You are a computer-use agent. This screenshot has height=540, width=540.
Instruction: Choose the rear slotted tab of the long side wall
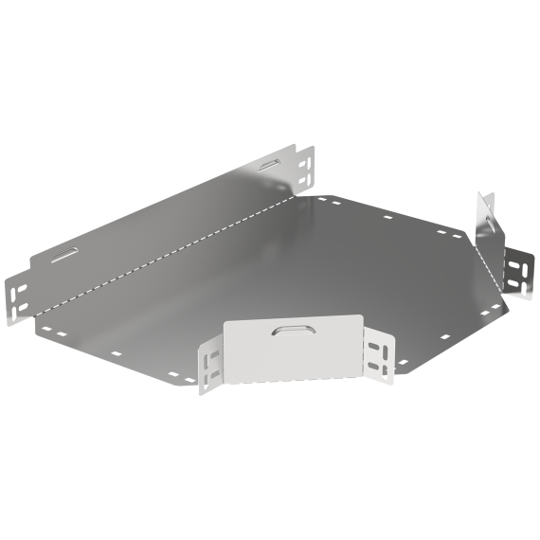coord(305,166)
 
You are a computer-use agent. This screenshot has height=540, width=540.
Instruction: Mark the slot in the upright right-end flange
coord(487,224)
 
